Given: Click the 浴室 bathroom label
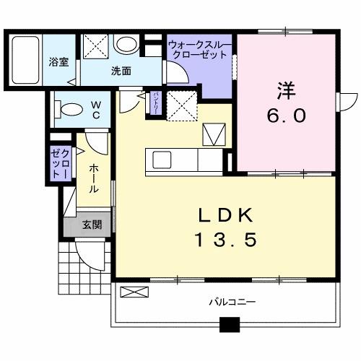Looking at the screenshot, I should coord(59,62).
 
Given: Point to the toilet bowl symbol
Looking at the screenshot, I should coord(71,110).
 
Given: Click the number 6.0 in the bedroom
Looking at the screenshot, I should coord(284,114).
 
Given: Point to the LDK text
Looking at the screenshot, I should coord(225,214).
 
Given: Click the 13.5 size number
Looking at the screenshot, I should coord(225,240).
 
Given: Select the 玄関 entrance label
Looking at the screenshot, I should coord(92,225).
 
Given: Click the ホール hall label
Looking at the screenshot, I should coord(94,178).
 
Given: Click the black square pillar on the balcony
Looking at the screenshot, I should coord(230,325).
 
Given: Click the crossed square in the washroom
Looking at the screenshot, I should coord(95,48).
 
